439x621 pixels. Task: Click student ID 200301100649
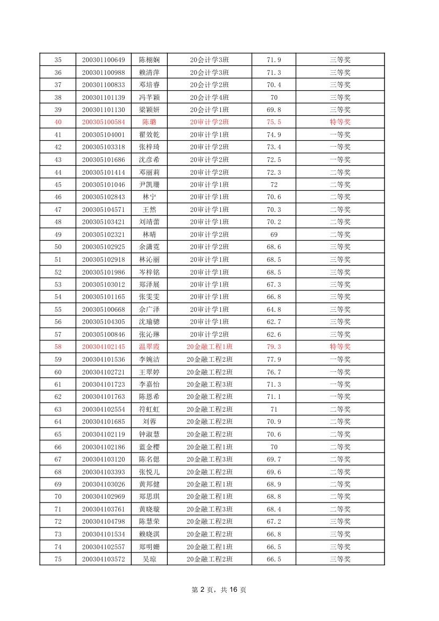point(104,60)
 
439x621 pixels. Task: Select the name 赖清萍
point(149,72)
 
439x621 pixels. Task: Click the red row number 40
point(58,122)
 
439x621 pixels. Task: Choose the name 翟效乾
point(149,135)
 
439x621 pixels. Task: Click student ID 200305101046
point(104,185)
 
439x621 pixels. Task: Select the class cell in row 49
point(209,235)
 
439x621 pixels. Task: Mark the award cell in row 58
point(340,347)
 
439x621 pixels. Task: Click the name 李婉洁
point(149,360)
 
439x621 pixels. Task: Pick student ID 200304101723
point(104,385)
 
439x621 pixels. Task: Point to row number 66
point(58,447)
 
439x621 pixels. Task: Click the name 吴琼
point(149,559)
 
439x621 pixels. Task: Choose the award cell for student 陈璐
point(340,122)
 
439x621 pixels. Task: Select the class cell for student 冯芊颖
point(209,97)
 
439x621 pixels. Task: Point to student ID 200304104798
point(104,522)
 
